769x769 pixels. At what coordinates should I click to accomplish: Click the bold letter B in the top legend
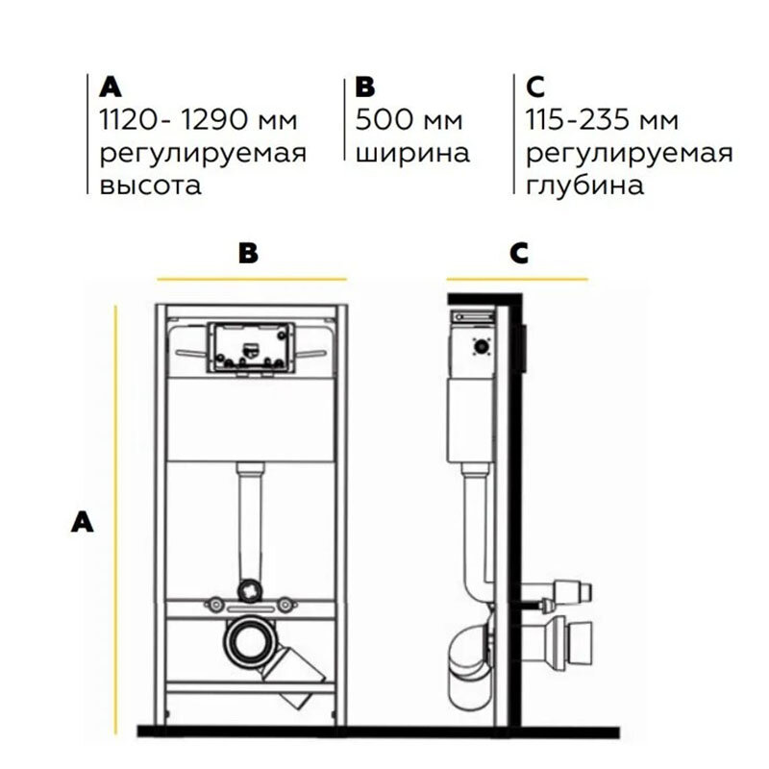coord(364,88)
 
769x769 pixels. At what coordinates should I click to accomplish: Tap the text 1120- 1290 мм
coord(198,121)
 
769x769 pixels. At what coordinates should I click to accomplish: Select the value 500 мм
coord(409,121)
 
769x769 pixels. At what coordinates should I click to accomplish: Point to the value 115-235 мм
coord(603,121)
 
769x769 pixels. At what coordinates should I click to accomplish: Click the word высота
coord(151,184)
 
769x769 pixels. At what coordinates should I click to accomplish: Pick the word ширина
coord(412,153)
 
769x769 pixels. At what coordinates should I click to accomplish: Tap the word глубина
coord(585,184)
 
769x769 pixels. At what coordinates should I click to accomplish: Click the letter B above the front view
coord(249,253)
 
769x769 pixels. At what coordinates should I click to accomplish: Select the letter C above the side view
coord(519,253)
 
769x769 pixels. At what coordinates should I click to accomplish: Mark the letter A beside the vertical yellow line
coord(84,522)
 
